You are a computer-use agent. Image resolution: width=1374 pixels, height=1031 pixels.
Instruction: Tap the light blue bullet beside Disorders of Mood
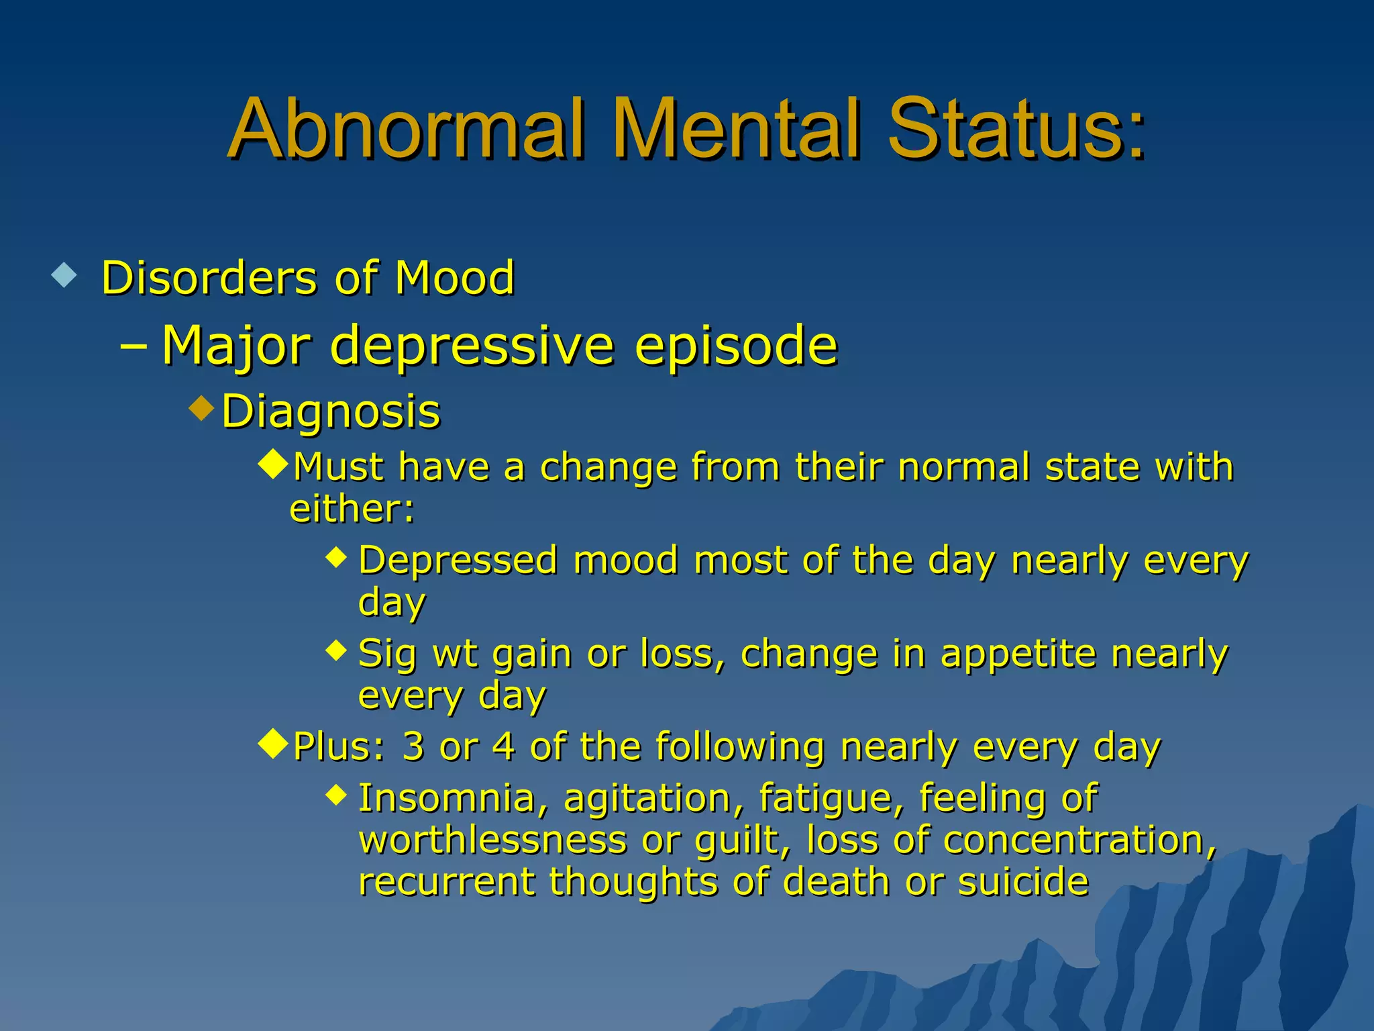tap(64, 275)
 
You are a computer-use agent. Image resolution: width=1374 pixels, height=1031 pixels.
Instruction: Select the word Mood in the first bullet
tap(454, 277)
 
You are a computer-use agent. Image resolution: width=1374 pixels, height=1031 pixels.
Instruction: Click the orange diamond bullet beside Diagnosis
tap(201, 407)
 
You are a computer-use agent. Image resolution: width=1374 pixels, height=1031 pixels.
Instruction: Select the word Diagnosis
tap(331, 411)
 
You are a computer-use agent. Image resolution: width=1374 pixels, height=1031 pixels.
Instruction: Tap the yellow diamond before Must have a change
tap(274, 464)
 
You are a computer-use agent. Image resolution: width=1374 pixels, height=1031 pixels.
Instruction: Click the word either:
tap(352, 509)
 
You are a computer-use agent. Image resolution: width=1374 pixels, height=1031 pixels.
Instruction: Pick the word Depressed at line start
tap(458, 560)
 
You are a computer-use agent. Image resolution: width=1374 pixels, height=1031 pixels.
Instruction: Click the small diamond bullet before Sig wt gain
tap(336, 649)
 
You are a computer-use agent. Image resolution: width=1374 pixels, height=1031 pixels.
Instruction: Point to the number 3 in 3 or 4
tap(413, 746)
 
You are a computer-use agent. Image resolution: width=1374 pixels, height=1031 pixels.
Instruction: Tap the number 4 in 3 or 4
tap(503, 746)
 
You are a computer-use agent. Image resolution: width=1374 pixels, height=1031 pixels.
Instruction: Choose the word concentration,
tap(1079, 840)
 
